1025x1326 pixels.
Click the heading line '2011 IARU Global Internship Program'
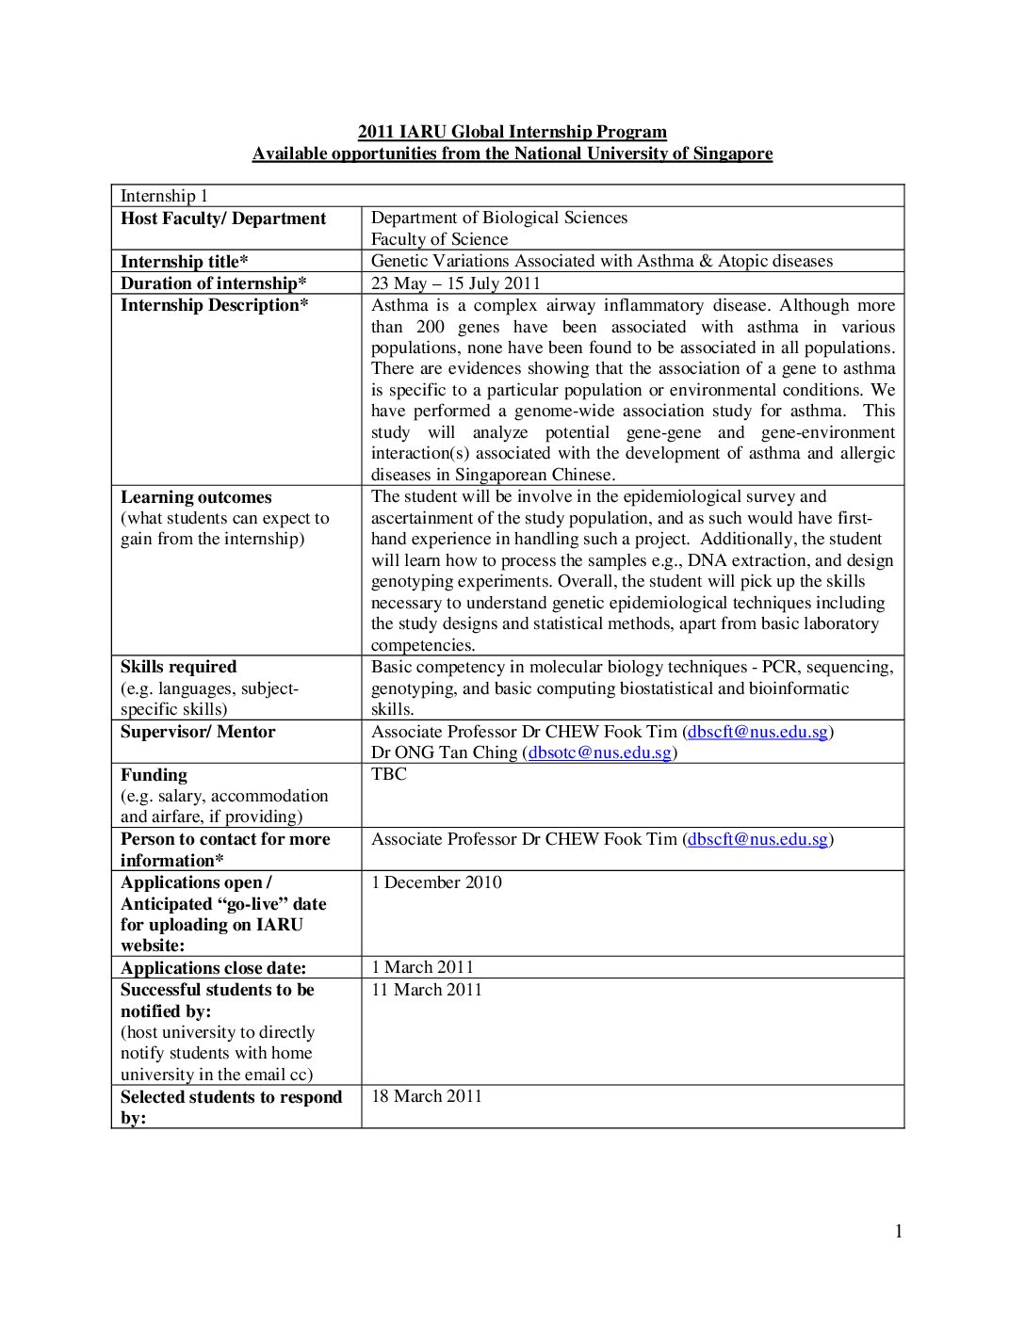coord(512,132)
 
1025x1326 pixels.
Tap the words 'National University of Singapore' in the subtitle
coord(643,154)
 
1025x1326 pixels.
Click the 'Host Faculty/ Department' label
coord(223,218)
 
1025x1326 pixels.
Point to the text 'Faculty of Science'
coord(439,239)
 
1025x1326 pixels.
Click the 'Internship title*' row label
coord(185,262)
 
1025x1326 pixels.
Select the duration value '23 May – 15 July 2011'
coord(456,283)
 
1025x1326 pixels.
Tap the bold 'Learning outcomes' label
coord(196,497)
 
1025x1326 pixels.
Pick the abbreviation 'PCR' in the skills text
coord(779,667)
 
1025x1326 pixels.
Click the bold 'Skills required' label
coord(179,667)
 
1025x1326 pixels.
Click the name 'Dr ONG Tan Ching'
coord(444,752)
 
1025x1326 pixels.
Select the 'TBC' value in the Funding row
coord(389,774)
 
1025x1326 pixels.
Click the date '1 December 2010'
coord(436,882)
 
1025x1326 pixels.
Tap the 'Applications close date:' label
coord(214,968)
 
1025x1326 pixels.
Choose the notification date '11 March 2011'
coord(426,990)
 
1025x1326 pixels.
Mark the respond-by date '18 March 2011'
coord(426,1096)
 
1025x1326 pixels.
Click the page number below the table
coord(898,1231)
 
